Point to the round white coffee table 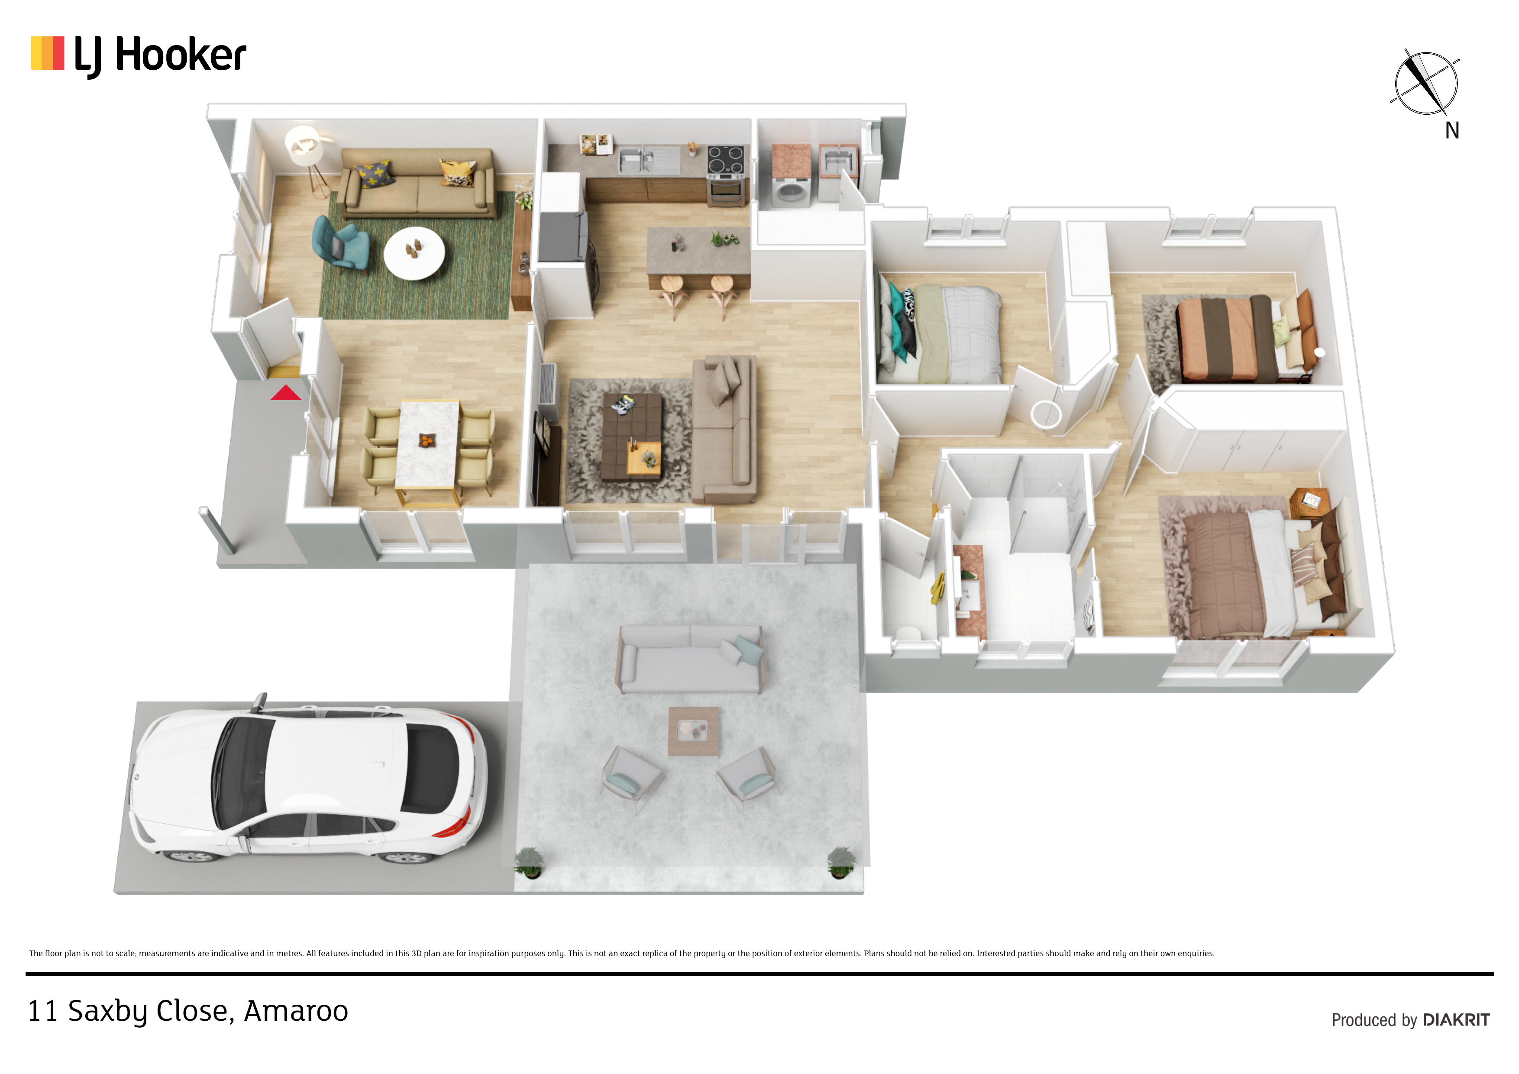[414, 253]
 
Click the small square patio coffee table [693, 731]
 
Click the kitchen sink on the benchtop [636, 160]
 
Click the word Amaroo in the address [296, 1011]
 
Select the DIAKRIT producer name [1456, 1020]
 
